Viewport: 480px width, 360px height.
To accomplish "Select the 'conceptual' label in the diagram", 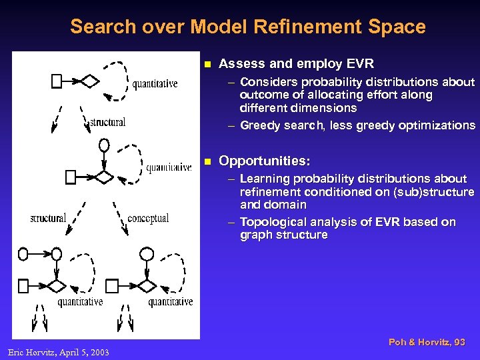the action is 148,218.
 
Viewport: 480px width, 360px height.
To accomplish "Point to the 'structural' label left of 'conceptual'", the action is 48,218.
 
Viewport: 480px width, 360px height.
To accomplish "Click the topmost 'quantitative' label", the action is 155,84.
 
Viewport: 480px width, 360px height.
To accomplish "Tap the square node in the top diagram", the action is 57,81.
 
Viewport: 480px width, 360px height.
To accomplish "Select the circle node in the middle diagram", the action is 103,145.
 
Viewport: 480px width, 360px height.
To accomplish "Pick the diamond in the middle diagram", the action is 103,177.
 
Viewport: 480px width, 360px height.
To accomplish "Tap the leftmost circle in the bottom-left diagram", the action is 24,254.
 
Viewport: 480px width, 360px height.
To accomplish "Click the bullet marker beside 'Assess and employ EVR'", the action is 207,65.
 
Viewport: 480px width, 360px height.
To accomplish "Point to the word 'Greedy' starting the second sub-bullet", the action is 259,125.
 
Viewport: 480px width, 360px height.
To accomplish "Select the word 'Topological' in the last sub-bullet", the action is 271,222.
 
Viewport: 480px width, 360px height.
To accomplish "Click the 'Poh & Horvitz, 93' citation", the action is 427,342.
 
